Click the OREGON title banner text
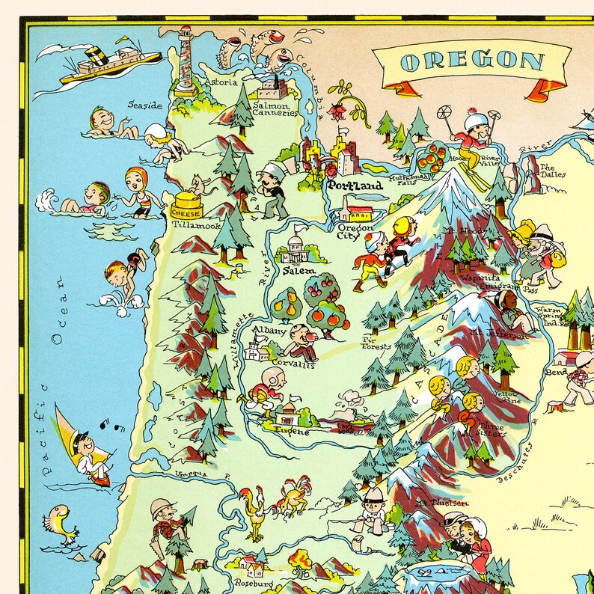pyautogui.click(x=472, y=61)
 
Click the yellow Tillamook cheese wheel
pyautogui.click(x=188, y=203)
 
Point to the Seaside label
pyautogui.click(x=144, y=105)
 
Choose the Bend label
pyautogui.click(x=557, y=371)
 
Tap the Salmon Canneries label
pyautogui.click(x=275, y=110)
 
